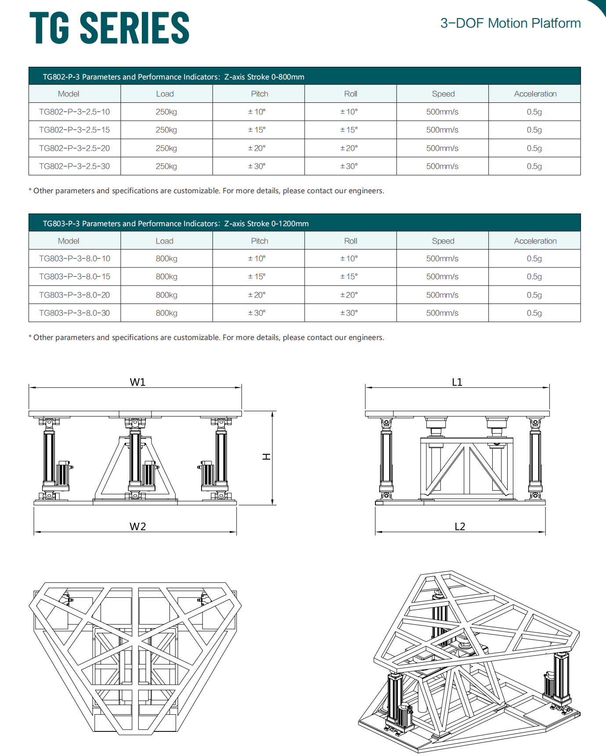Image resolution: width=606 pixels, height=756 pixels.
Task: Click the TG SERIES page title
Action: pyautogui.click(x=109, y=28)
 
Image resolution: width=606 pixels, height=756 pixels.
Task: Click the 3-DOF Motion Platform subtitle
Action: pyautogui.click(x=510, y=23)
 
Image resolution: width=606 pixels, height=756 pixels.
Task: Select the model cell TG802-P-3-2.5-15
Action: pyautogui.click(x=74, y=130)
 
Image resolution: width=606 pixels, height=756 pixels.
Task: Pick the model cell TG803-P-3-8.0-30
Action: pyautogui.click(x=74, y=313)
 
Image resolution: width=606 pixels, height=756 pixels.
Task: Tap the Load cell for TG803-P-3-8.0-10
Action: pyautogui.click(x=166, y=259)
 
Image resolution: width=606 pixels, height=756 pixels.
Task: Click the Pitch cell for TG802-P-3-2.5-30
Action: pyautogui.click(x=257, y=166)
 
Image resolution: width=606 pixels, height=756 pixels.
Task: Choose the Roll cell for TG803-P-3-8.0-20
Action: pyautogui.click(x=349, y=295)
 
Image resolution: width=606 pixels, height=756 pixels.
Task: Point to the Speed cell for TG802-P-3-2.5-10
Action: pyautogui.click(x=442, y=112)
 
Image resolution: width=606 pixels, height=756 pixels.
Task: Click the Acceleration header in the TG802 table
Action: pyautogui.click(x=535, y=94)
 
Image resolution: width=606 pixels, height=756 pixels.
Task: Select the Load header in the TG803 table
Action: pyautogui.click(x=165, y=241)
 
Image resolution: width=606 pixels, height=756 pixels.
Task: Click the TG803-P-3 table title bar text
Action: pyautogui.click(x=176, y=224)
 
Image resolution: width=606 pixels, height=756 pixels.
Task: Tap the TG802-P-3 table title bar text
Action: pyautogui.click(x=173, y=77)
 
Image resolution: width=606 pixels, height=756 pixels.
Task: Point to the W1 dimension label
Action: pyautogui.click(x=137, y=382)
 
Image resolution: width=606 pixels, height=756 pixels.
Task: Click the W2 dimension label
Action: pyautogui.click(x=137, y=527)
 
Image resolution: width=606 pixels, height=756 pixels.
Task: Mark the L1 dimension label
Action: pyautogui.click(x=457, y=382)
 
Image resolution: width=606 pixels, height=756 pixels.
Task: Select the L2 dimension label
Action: pyautogui.click(x=460, y=527)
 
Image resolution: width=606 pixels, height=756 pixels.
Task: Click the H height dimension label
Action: pyautogui.click(x=266, y=457)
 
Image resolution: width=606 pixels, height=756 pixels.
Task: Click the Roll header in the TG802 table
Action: pyautogui.click(x=350, y=94)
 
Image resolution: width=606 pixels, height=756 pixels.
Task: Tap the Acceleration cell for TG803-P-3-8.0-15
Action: pyautogui.click(x=534, y=277)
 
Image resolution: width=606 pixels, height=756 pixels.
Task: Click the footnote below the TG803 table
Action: pyautogui.click(x=206, y=337)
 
